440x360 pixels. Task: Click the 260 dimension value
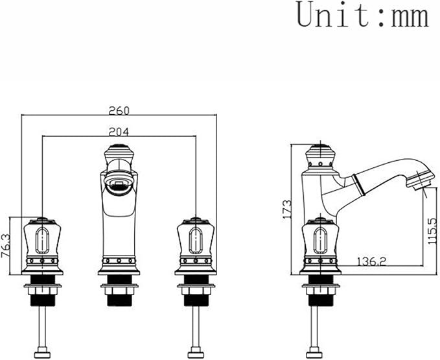(x=119, y=111)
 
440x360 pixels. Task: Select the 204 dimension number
(x=119, y=132)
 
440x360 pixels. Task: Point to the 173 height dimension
(x=287, y=210)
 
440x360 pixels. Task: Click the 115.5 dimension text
(x=434, y=231)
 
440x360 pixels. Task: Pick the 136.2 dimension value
(x=371, y=261)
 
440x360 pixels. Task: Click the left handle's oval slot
(x=42, y=240)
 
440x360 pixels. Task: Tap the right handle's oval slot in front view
(x=196, y=240)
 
